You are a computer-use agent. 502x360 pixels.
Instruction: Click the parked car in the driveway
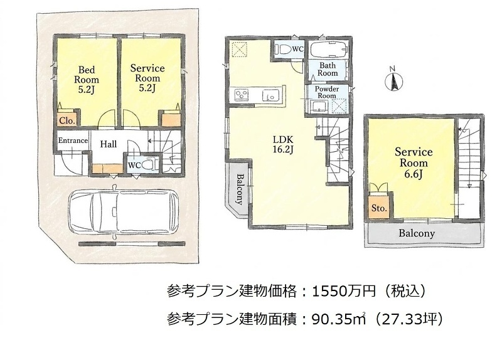coord(124,211)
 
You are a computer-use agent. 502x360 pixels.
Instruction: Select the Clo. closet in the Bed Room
coord(67,120)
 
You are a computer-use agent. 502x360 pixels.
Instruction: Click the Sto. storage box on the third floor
coord(379,208)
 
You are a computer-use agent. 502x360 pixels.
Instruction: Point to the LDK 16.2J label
coord(283,144)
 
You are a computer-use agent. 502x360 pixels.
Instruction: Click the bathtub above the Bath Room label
coord(328,50)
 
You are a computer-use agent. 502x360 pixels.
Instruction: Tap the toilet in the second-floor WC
coord(284,49)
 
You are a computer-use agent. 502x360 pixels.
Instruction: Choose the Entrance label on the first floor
coord(73,140)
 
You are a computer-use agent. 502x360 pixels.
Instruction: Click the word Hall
coord(109,144)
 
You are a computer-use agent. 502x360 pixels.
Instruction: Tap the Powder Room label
coord(326,92)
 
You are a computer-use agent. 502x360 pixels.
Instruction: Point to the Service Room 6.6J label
coord(414,163)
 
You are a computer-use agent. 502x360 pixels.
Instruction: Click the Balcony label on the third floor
coord(417,233)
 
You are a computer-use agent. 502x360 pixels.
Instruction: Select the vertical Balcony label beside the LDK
coord(240,189)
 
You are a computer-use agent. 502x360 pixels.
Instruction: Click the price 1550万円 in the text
coord(343,291)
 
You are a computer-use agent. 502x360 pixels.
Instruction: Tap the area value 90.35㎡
coord(339,319)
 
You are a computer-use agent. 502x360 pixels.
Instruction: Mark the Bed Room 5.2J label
coord(87,80)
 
